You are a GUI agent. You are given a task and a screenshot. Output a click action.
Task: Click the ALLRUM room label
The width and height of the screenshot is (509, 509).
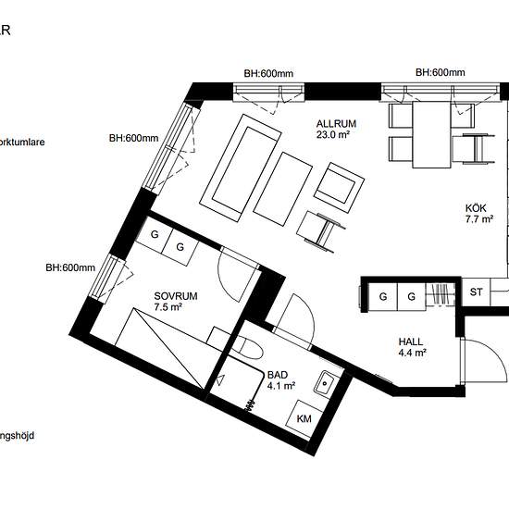[x=336, y=123]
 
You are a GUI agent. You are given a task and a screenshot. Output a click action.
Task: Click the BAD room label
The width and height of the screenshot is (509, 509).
[x=277, y=375]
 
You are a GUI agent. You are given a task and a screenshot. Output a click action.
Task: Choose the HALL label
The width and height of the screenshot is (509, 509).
[x=411, y=340]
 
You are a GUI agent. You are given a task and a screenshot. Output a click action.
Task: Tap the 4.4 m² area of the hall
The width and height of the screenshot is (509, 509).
[x=411, y=352]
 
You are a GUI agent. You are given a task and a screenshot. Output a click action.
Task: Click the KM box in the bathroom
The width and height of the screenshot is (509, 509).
[x=304, y=418]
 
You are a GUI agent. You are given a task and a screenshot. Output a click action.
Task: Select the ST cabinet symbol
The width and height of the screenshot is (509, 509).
[x=477, y=292]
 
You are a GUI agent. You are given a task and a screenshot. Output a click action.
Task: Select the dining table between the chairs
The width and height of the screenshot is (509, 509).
[x=430, y=135]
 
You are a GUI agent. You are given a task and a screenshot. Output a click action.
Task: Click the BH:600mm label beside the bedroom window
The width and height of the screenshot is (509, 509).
[x=70, y=268]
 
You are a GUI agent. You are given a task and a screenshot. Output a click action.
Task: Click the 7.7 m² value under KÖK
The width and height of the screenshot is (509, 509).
[x=478, y=220]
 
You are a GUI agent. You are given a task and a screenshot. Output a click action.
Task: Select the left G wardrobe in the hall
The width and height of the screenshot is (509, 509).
[x=382, y=296]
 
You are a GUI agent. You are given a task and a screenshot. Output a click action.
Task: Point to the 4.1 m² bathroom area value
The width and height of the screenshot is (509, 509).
[x=280, y=387]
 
